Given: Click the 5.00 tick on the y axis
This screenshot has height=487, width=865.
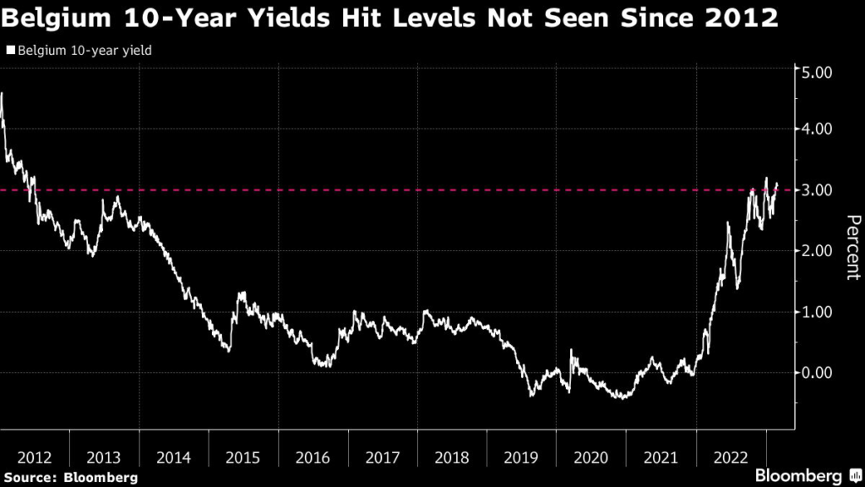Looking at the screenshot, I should [818, 73].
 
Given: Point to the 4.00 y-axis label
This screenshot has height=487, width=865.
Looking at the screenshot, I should [818, 129].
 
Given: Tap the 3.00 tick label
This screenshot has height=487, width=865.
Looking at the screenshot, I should [818, 190].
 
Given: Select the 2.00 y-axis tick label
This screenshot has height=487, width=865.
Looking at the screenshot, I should [818, 251].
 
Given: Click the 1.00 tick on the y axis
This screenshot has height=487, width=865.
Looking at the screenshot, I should [818, 312].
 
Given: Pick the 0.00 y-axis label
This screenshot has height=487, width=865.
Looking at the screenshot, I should [818, 373].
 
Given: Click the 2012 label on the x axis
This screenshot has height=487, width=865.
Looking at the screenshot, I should [35, 457].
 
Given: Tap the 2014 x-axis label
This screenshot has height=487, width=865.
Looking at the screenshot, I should [175, 457].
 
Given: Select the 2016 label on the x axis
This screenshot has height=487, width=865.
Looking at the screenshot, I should [313, 457].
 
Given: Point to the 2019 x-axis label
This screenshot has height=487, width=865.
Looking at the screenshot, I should [522, 457].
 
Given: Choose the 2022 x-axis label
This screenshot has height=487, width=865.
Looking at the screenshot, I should [730, 457].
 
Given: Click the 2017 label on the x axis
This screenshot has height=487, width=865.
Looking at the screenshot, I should [383, 457].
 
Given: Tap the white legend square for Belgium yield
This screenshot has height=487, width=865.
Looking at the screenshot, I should [10, 51].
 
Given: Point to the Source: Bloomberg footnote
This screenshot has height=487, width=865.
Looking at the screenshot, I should [70, 478].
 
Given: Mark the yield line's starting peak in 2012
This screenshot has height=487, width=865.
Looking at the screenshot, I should [3, 94].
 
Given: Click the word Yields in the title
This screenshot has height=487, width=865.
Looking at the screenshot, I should [275, 18].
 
